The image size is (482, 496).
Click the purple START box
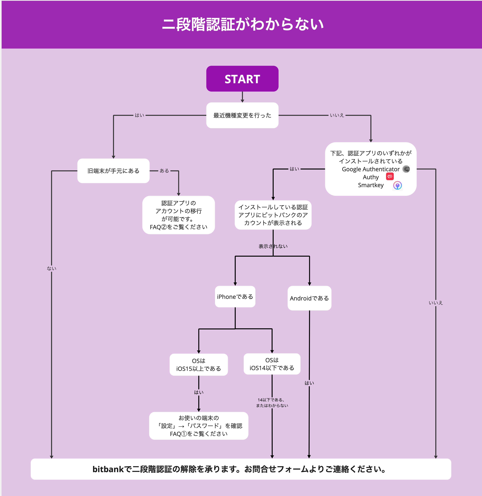pos(242,79)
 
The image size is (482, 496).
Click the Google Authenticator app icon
pos(406,169)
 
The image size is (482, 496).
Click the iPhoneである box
pos(235,297)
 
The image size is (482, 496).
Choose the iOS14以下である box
pos(272,364)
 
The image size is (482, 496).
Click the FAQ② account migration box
pos(179,215)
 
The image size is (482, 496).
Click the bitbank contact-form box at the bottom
pos(241,469)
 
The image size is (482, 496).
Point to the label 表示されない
pos(273,246)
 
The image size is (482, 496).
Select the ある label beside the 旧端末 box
pos(164,171)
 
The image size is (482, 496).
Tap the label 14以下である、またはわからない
pos(272,402)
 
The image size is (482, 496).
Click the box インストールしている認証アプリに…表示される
pos(273,215)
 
